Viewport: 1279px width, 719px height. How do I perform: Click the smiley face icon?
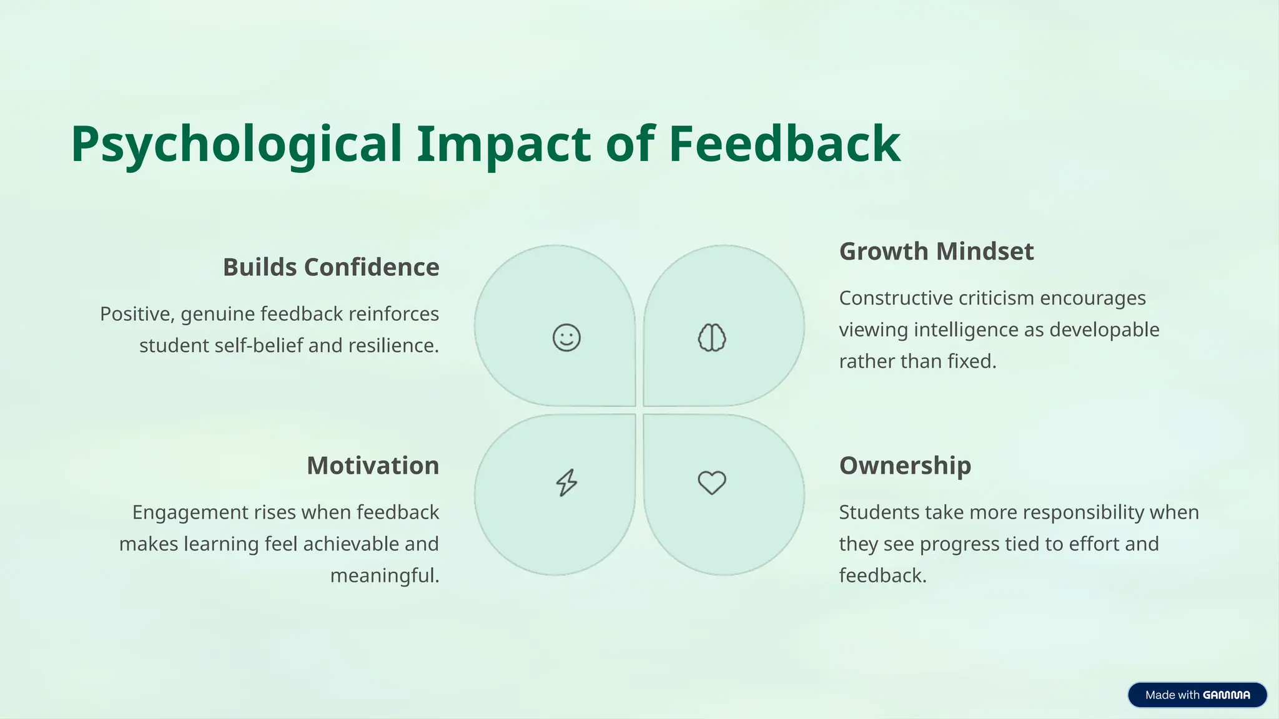(566, 338)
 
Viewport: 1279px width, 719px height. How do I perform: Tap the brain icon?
(712, 338)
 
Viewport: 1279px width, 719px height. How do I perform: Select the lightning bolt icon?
(566, 482)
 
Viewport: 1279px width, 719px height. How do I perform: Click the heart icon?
(712, 482)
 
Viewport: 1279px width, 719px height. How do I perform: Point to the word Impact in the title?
(503, 145)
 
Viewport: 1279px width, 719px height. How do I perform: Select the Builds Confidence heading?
(331, 267)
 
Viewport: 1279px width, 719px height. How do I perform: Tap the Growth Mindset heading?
(936, 252)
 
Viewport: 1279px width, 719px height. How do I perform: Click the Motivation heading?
(373, 466)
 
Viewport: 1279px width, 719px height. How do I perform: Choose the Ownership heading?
(905, 466)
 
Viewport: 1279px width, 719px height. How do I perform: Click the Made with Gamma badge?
(1197, 695)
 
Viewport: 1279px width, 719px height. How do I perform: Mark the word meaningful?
(383, 575)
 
